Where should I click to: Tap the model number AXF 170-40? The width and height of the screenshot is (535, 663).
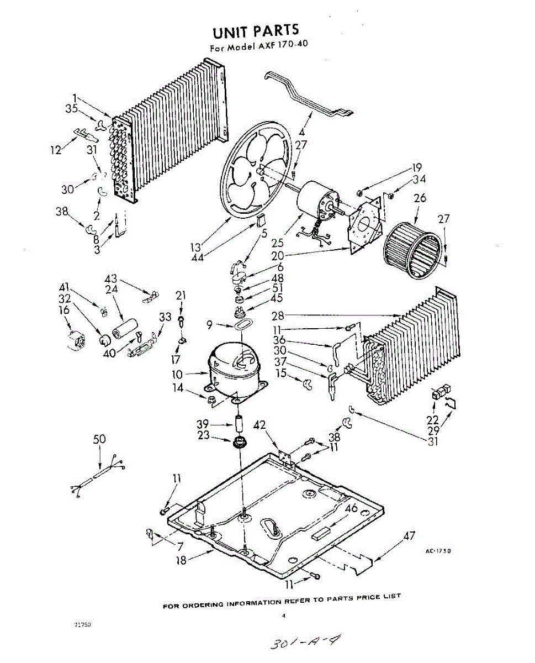click(x=282, y=45)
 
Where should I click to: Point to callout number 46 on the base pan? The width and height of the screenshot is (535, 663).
click(x=351, y=509)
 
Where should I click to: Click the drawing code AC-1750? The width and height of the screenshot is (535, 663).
click(x=438, y=550)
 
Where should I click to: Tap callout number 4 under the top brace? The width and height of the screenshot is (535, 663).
click(x=302, y=133)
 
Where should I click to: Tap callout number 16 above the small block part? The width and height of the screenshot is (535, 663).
click(x=65, y=311)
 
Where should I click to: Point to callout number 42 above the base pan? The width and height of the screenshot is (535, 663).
click(x=259, y=425)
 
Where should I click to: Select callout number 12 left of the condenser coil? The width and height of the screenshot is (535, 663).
click(x=56, y=149)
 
